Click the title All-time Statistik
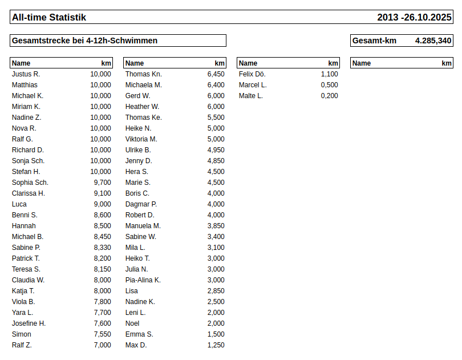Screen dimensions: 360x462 pyautogui.click(x=49, y=18)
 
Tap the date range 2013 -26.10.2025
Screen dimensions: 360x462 pyautogui.click(x=414, y=18)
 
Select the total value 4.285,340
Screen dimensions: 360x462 pyautogui.click(x=433, y=41)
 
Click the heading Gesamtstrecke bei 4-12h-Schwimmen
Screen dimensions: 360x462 pyautogui.click(x=84, y=41)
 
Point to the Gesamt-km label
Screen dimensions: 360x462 pyautogui.click(x=374, y=41)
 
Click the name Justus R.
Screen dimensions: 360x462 pyautogui.click(x=26, y=74)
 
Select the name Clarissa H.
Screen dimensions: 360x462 pyautogui.click(x=29, y=193)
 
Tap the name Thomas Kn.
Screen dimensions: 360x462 pyautogui.click(x=144, y=74)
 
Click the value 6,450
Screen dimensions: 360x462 pyautogui.click(x=216, y=74)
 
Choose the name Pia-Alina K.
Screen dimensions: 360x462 pyautogui.click(x=143, y=280)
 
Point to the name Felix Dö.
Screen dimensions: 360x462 pyautogui.click(x=252, y=74)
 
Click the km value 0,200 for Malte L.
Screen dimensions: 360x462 pyautogui.click(x=329, y=96)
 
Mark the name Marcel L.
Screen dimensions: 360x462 pyautogui.click(x=253, y=85)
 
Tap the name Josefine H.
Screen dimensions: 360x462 pyautogui.click(x=29, y=323)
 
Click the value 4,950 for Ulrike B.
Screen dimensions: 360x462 pyautogui.click(x=216, y=150)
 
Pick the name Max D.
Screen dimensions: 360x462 pyautogui.click(x=136, y=345)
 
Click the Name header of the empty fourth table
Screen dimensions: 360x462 pyautogui.click(x=362, y=63)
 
